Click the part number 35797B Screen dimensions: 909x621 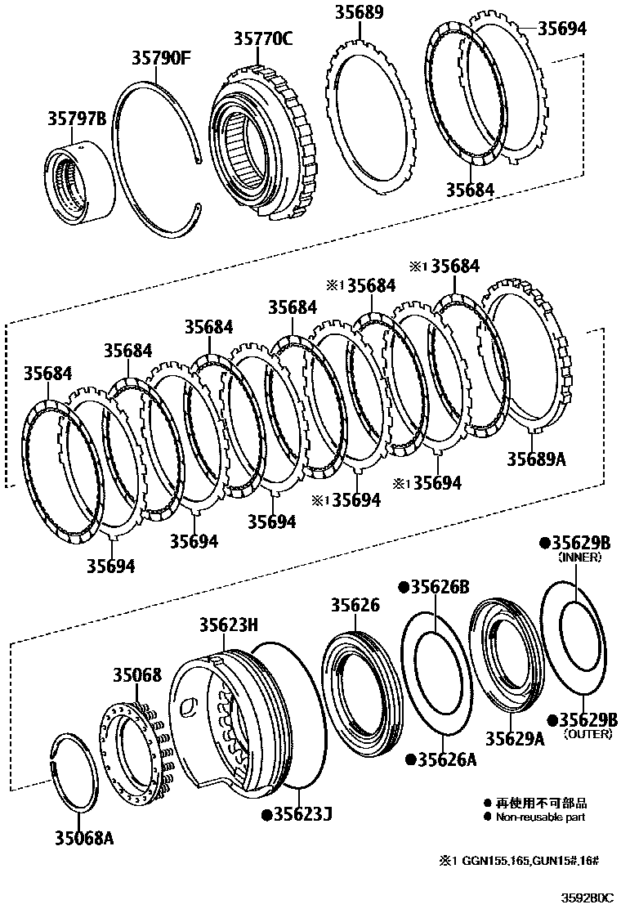[x=75, y=119]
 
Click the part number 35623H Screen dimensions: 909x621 [x=229, y=625]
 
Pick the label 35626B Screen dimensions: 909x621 [x=440, y=587]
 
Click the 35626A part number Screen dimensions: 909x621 [x=443, y=760]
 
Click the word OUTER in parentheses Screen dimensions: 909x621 [x=582, y=735]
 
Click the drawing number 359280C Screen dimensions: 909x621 [x=586, y=897]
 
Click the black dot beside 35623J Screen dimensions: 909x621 [x=266, y=814]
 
